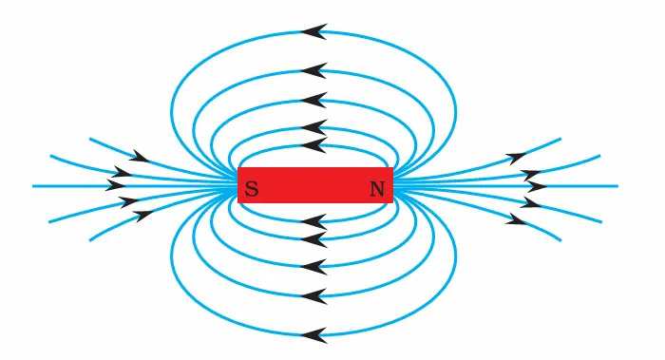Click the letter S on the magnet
[x=251, y=189]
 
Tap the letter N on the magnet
[x=377, y=189]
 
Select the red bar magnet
[x=314, y=185]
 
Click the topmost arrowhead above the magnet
[x=313, y=31]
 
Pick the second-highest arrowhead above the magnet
[x=313, y=70]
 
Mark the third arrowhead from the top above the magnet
[x=313, y=100]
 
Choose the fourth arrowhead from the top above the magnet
[x=313, y=127]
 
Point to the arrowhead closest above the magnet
[x=313, y=144]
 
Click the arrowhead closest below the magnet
[x=313, y=222]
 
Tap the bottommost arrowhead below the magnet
[x=313, y=334]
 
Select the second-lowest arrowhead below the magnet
[x=313, y=296]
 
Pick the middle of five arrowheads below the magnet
[x=313, y=265]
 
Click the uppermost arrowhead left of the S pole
[x=140, y=156]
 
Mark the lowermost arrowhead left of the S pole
[x=143, y=215]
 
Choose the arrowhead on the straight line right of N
[x=534, y=185]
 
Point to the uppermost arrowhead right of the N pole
[x=517, y=156]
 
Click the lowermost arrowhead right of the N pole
[x=516, y=220]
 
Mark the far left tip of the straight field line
[x=34, y=185]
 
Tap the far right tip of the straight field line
[x=617, y=185]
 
